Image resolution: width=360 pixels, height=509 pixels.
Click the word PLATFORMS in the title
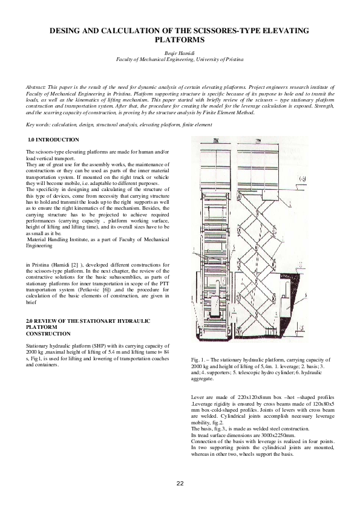[180, 39]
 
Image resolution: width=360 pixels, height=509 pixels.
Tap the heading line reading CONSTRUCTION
[48, 333]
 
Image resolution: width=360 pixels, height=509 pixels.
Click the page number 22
[180, 483]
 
